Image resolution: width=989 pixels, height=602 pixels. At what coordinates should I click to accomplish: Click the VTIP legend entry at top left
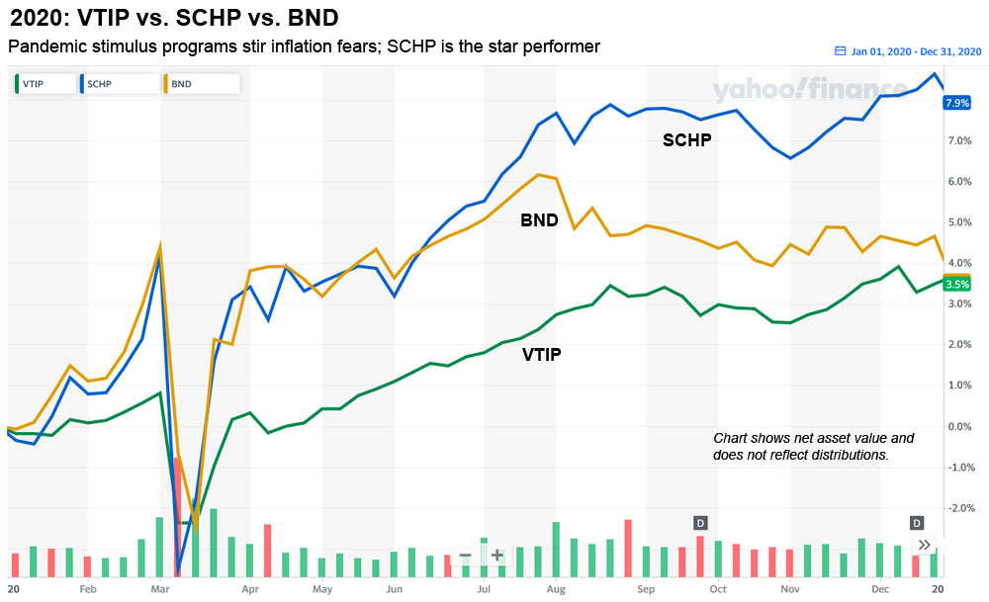[x=38, y=84]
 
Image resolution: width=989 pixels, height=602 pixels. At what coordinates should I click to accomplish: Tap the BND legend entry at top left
[x=178, y=84]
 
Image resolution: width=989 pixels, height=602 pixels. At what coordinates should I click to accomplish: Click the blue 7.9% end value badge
[x=958, y=103]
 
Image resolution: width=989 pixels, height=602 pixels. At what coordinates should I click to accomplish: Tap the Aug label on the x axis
[x=556, y=589]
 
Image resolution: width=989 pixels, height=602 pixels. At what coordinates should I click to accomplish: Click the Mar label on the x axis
[x=160, y=589]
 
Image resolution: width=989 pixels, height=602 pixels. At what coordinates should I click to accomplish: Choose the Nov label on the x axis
[x=789, y=589]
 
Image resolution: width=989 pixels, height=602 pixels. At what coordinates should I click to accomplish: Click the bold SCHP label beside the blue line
[x=687, y=141]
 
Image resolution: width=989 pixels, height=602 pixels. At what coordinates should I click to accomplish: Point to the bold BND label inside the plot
[x=539, y=220]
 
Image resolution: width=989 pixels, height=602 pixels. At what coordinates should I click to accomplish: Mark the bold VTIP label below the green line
[x=541, y=353]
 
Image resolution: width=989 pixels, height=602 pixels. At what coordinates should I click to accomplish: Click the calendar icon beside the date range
[x=841, y=51]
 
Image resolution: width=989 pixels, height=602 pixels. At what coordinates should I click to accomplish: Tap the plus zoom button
[x=496, y=556]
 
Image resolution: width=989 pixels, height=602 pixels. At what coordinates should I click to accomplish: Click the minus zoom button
[x=465, y=556]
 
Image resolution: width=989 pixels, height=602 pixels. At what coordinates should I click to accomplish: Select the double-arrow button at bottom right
[x=924, y=545]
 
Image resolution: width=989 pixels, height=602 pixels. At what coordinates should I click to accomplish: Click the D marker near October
[x=700, y=522]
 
